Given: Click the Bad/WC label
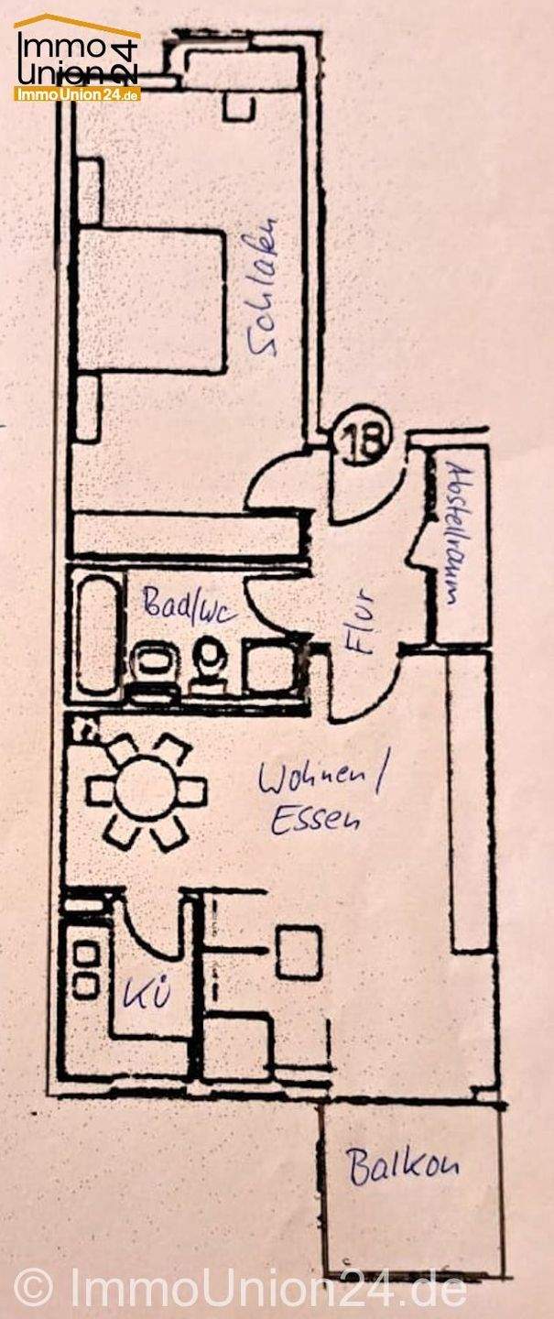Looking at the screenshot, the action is click(184, 604).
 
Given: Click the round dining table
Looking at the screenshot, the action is click(147, 790).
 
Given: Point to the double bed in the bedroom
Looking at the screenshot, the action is click(151, 301).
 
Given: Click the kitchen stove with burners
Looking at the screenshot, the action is click(86, 968).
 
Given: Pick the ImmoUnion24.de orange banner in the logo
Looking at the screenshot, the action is click(77, 93).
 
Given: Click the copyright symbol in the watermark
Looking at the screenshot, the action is click(34, 1287).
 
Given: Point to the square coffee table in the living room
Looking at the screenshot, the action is click(299, 952).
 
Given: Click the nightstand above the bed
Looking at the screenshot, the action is click(90, 190).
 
